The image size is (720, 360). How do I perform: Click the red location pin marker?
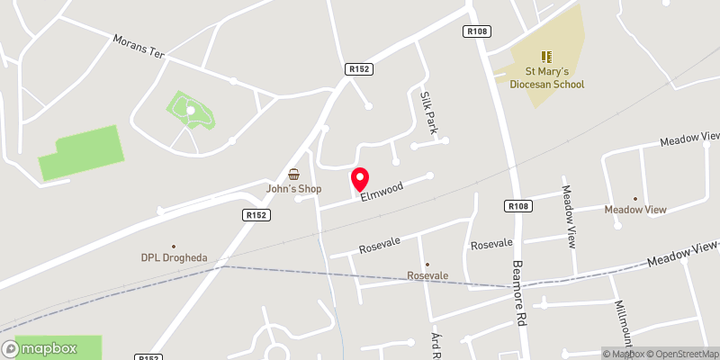360,179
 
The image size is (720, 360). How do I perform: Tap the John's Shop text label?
293,189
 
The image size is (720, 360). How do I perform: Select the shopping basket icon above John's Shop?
293,174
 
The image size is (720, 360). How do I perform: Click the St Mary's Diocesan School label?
545,78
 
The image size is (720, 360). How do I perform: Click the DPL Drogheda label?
174,258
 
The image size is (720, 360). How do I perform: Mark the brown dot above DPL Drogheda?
174,245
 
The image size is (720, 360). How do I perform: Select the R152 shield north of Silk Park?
358,68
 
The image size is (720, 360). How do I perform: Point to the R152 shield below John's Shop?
256,215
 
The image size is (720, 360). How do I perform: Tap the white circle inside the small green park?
190,110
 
